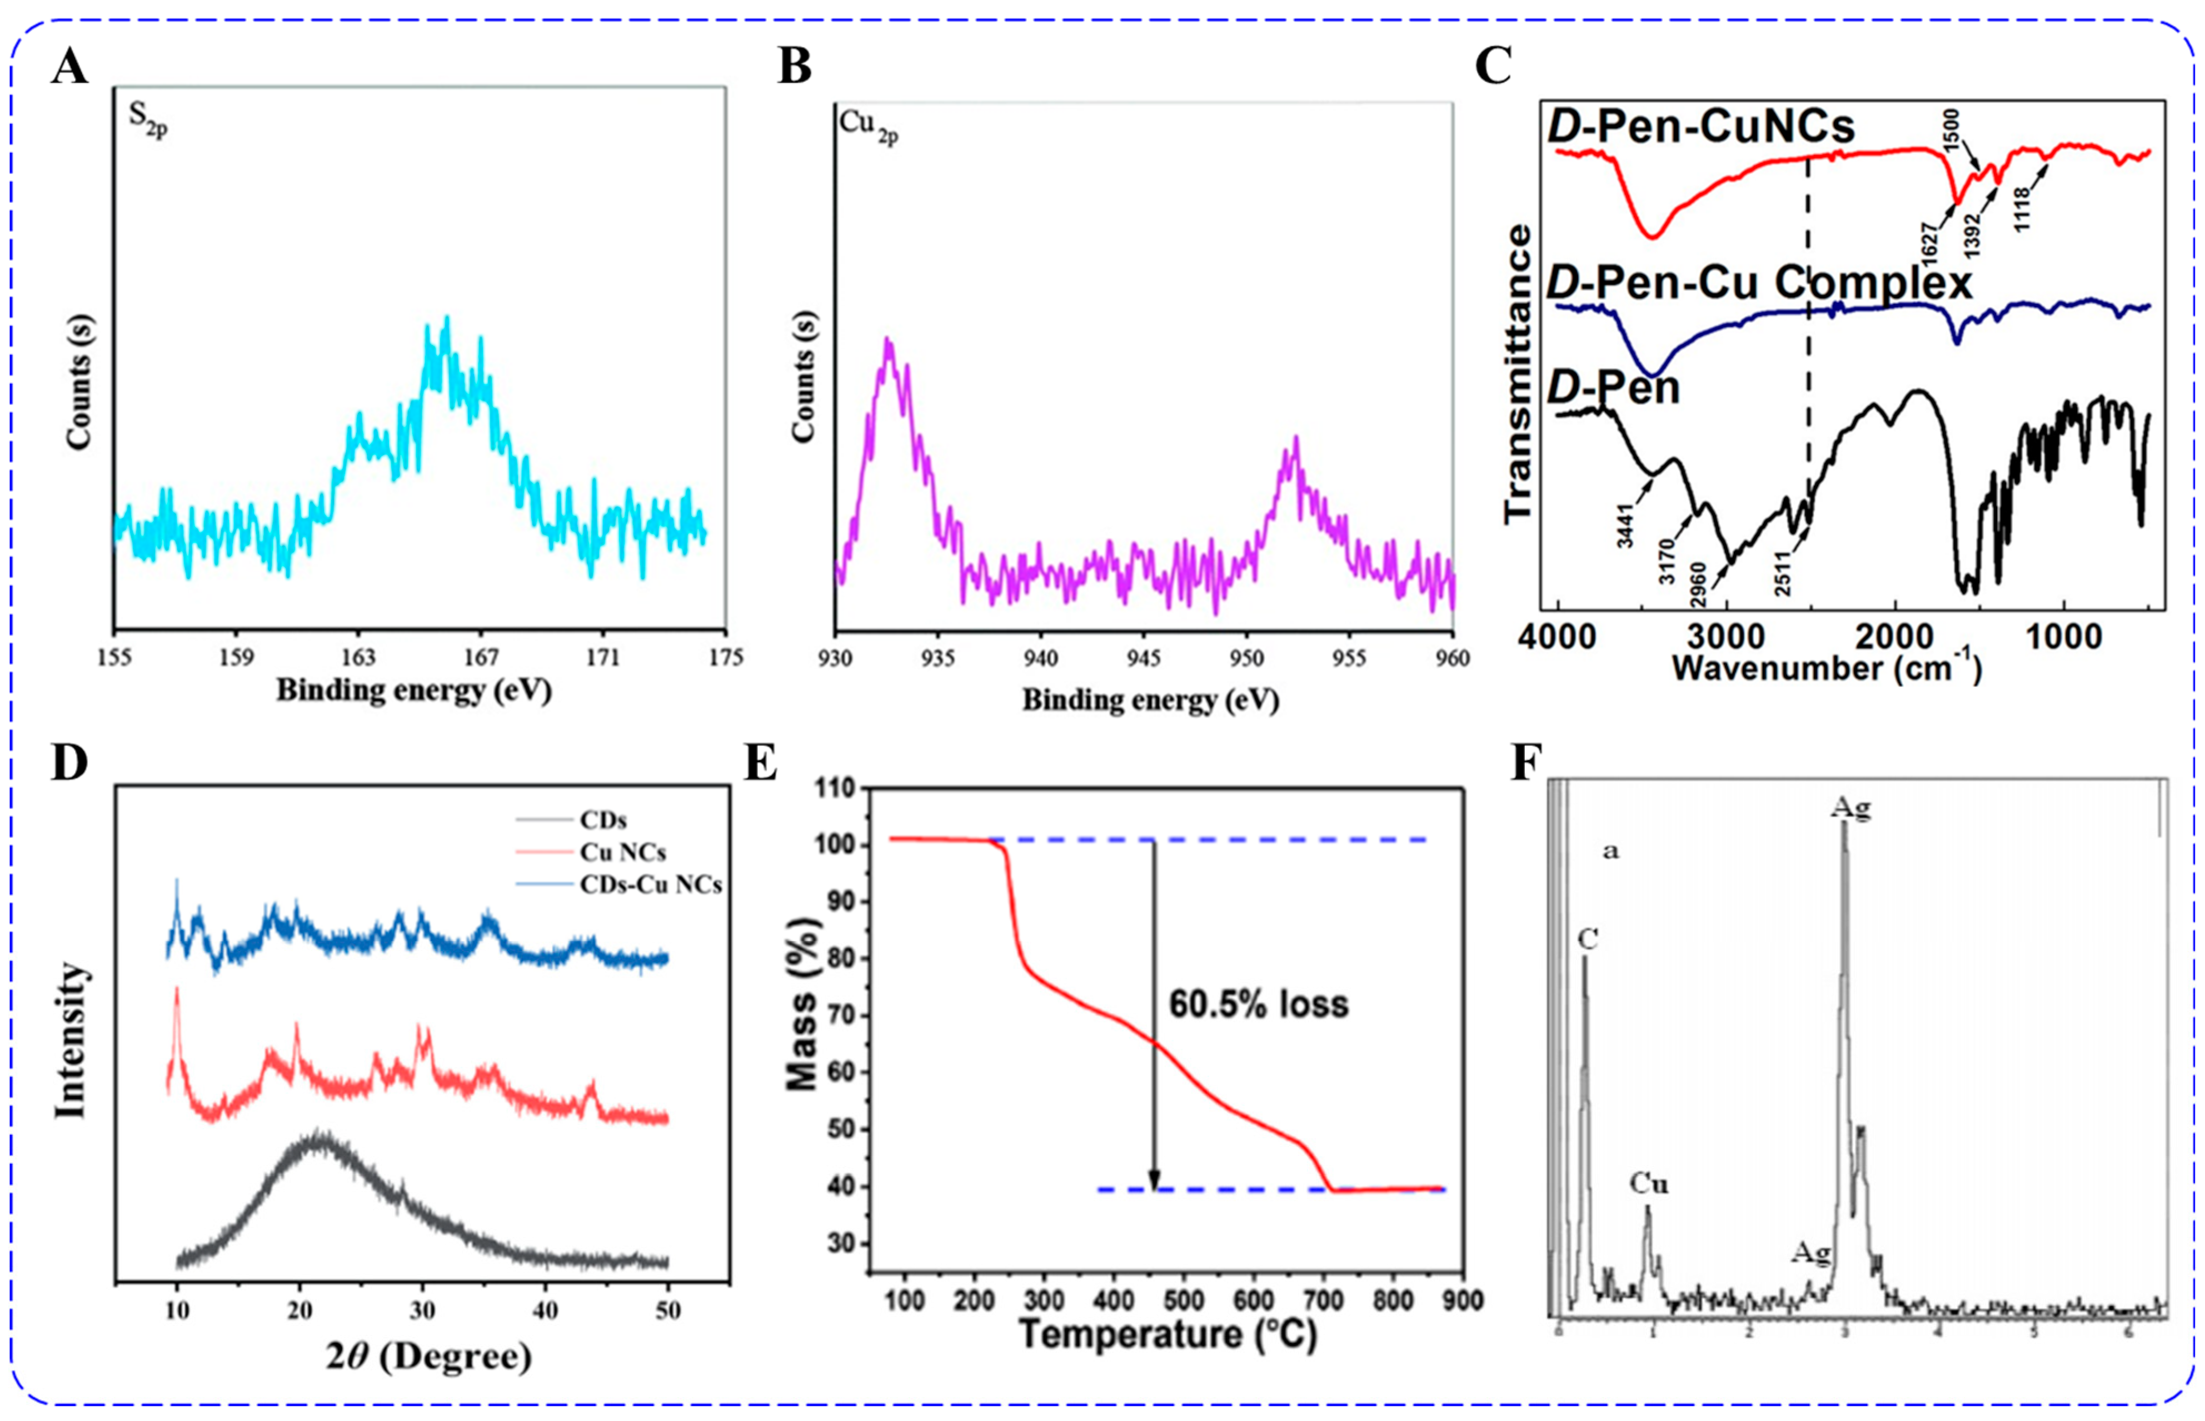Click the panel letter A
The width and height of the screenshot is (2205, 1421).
[69, 67]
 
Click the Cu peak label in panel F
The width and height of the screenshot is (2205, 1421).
[1648, 1184]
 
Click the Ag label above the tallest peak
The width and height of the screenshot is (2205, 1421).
[1850, 808]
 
